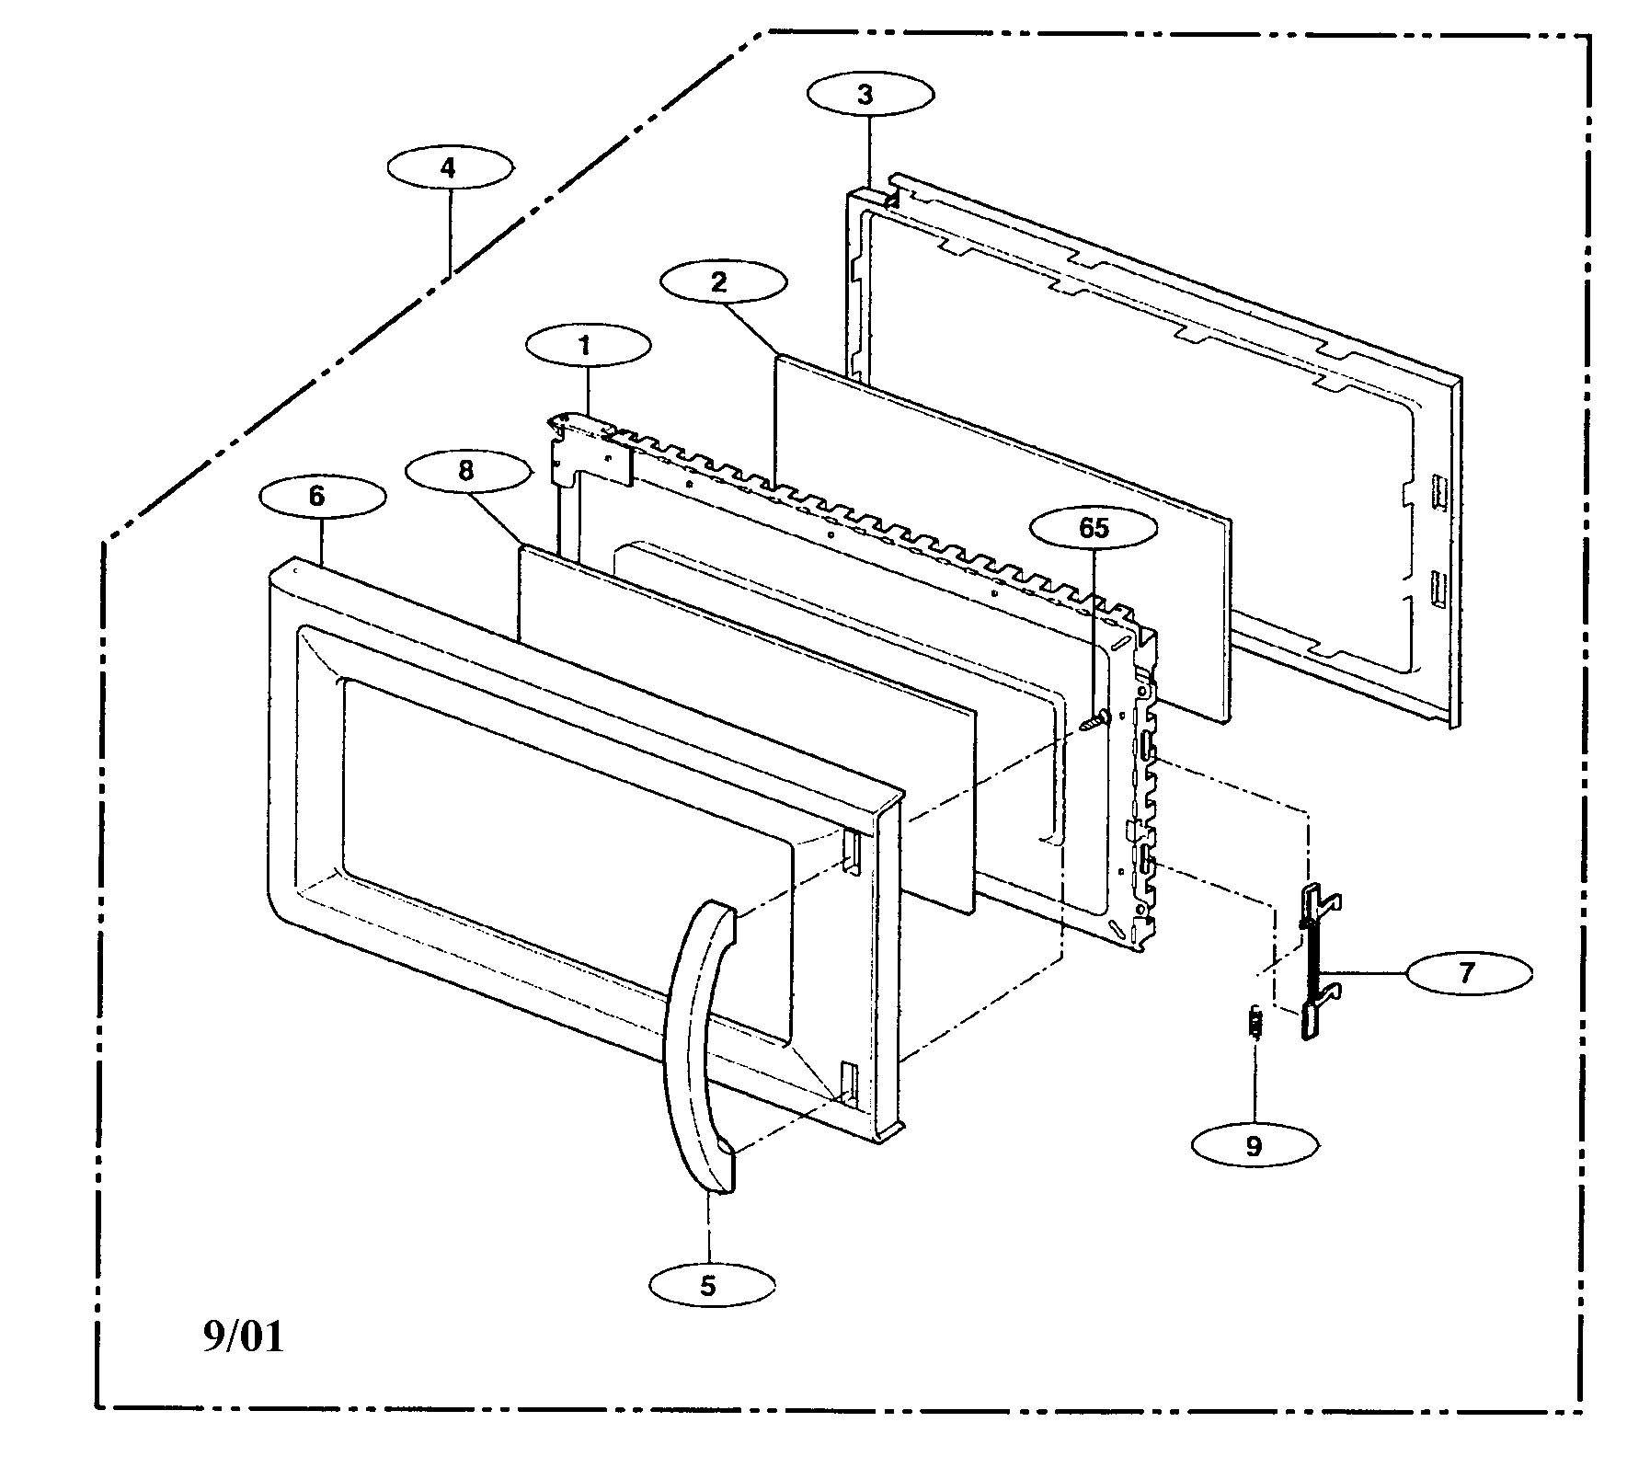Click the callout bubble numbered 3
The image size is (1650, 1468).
(870, 94)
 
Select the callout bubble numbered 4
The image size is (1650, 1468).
(449, 167)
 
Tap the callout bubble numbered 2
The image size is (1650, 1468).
(723, 281)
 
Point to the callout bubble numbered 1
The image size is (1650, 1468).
(589, 346)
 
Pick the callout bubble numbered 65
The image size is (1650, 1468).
(1094, 528)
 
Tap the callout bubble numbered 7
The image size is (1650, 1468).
(1468, 972)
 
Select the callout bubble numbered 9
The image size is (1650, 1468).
(1255, 1145)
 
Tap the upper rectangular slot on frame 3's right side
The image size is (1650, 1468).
(1437, 487)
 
